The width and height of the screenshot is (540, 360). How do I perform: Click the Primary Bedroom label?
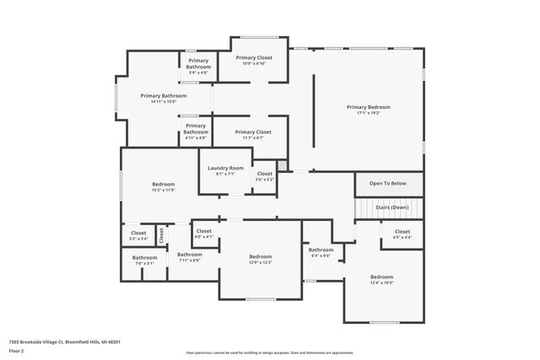[x=369, y=107]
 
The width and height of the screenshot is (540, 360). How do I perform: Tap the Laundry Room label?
[x=225, y=168]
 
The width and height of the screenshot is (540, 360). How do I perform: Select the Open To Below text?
[x=387, y=183]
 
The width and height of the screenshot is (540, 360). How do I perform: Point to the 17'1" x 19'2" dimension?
[x=369, y=113]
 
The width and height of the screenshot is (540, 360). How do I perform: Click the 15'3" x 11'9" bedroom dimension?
[x=163, y=190]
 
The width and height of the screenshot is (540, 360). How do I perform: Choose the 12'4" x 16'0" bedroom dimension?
[x=381, y=282]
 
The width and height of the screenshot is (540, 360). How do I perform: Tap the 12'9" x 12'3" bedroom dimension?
[x=260, y=262]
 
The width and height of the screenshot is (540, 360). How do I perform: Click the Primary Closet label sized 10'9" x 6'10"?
[x=252, y=57]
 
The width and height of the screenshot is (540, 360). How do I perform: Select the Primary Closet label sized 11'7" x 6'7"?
[x=252, y=132]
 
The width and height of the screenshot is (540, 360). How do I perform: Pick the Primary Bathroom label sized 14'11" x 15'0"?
[x=163, y=96]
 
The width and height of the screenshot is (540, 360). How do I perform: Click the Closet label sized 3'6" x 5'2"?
[x=264, y=174]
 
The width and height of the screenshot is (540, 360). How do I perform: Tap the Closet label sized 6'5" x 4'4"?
[x=402, y=231]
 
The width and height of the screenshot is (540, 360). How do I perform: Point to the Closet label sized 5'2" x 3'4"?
[x=138, y=233]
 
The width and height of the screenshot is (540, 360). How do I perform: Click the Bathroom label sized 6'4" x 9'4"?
[x=321, y=250]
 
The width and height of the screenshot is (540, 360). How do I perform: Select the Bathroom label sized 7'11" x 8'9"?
[x=189, y=254]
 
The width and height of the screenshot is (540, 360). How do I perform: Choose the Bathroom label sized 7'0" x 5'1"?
[x=144, y=257]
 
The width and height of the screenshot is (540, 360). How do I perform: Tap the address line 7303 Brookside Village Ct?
[x=64, y=342]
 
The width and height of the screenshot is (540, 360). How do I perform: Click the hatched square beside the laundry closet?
[x=283, y=165]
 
